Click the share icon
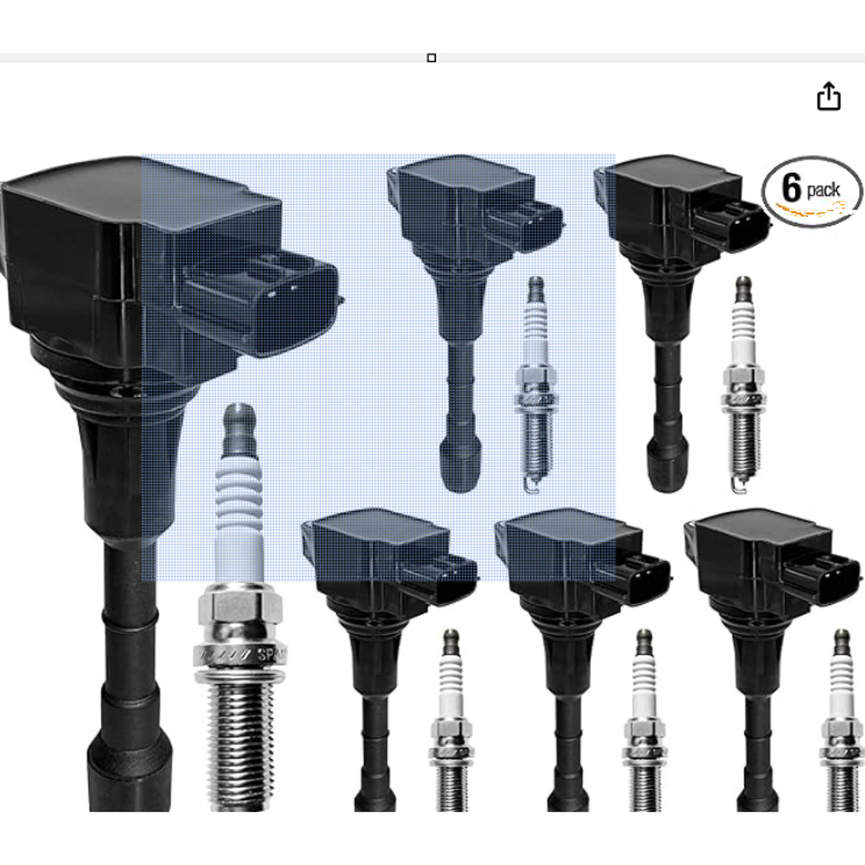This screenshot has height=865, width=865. click(829, 96)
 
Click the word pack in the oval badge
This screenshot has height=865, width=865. click(823, 190)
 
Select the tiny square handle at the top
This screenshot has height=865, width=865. click(432, 58)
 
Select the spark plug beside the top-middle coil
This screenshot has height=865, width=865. click(535, 381)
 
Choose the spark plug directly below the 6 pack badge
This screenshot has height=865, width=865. click(741, 381)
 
